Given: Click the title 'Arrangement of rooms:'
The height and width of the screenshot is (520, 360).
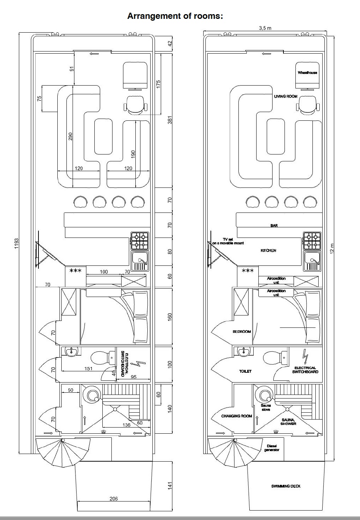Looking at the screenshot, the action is click(175, 16).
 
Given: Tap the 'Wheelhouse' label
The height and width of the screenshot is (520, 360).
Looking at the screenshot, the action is click(307, 73).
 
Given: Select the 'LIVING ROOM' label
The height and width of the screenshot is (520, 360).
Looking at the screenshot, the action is click(286, 96).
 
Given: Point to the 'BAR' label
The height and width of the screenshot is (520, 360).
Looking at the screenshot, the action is click(274, 226).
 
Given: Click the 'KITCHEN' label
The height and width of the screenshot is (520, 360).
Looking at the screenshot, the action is click(268, 251).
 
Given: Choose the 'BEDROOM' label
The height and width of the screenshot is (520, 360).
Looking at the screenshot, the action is click(242, 331).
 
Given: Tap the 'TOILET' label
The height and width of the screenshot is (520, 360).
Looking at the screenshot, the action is click(245, 371).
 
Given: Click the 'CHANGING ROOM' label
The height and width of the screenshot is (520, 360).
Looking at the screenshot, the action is click(237, 416).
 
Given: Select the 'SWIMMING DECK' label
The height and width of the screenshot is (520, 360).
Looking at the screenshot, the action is click(286, 486).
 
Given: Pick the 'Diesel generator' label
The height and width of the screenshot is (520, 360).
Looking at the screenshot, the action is click(272, 448).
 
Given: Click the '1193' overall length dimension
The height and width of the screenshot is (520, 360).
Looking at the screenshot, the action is click(16, 244).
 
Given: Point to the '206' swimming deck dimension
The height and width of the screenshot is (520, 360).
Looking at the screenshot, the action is click(114, 498).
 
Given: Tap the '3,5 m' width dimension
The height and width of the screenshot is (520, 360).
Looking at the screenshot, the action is click(265, 28).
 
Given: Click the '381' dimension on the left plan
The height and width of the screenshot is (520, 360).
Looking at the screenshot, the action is click(170, 120).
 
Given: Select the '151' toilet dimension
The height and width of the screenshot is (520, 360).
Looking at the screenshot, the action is click(89, 368).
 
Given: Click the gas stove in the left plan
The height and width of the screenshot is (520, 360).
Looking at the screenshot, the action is click(140, 240).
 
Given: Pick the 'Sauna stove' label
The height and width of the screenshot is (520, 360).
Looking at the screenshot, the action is click(266, 408).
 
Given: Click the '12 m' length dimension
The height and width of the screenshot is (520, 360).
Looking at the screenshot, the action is click(332, 248).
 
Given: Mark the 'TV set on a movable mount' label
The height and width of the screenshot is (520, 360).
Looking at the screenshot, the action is click(228, 241).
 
